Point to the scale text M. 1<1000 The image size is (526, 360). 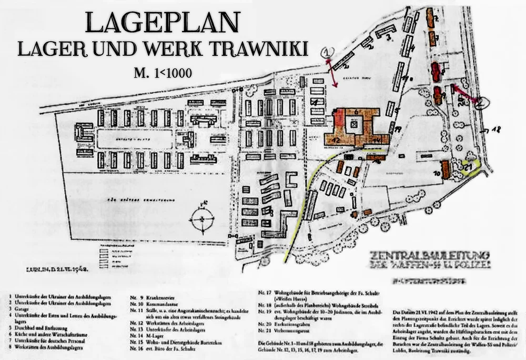163,71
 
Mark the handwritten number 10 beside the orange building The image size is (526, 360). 437,173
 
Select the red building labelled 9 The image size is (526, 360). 438,95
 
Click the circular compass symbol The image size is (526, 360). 201,220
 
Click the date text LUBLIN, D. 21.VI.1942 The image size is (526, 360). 55,269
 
